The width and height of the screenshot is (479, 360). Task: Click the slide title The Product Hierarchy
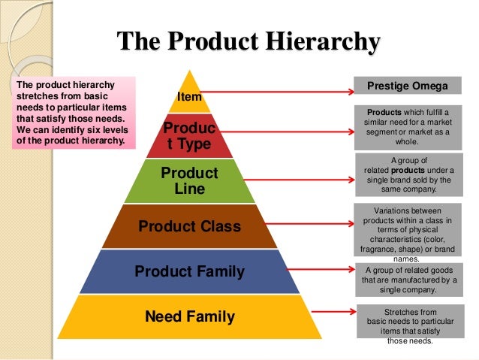(249, 42)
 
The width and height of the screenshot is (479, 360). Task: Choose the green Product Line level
(189, 181)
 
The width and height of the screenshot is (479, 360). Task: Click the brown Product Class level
(189, 226)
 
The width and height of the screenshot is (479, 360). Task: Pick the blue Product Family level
(189, 271)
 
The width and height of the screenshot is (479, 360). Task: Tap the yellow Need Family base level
(189, 316)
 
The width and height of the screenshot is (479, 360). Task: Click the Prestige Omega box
(407, 86)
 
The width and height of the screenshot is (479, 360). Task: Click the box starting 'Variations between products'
(407, 230)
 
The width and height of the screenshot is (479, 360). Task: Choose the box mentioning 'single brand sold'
(407, 175)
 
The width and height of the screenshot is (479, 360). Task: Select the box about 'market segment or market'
(407, 126)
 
